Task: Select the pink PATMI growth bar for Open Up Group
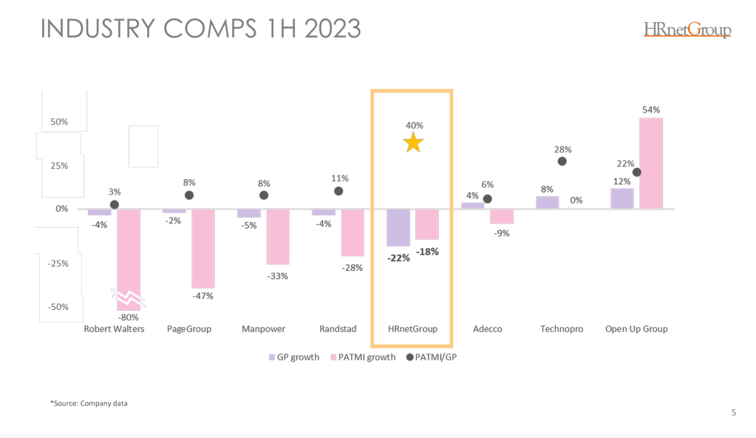[650, 163]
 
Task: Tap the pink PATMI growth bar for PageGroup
[203, 249]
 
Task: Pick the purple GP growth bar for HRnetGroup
[398, 227]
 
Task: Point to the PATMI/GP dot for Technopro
[562, 161]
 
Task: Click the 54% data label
[651, 109]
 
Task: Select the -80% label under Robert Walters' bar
[129, 317]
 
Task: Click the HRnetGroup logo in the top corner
[687, 30]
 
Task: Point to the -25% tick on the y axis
[58, 263]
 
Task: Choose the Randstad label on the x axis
[338, 328]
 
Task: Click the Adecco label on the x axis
[487, 328]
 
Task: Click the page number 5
[733, 413]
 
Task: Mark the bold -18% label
[426, 252]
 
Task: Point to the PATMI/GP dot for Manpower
[264, 195]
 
